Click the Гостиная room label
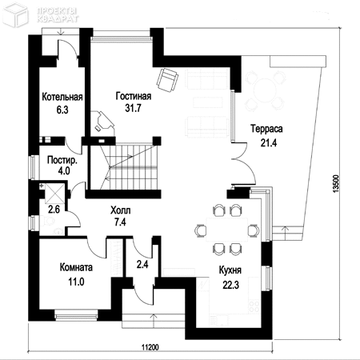pyautogui.click(x=134, y=96)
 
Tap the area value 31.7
pyautogui.click(x=133, y=108)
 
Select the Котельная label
pyautogui.click(x=62, y=97)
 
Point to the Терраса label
pyautogui.click(x=266, y=129)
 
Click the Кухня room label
pyautogui.click(x=230, y=270)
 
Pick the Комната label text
pyautogui.click(x=76, y=267)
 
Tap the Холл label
pyautogui.click(x=121, y=210)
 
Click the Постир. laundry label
pyautogui.click(x=62, y=161)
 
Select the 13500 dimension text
pyautogui.click(x=336, y=184)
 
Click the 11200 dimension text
pyautogui.click(x=150, y=347)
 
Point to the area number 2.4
pyautogui.click(x=142, y=265)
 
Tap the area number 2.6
pyautogui.click(x=54, y=210)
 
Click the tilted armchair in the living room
pyautogui.click(x=167, y=80)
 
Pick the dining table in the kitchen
pyautogui.click(x=227, y=230)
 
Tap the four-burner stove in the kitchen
pyautogui.click(x=254, y=306)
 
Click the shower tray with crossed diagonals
pyautogui.click(x=54, y=194)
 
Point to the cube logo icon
pyautogui.click(x=16, y=15)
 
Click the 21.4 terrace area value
pyautogui.click(x=269, y=143)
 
